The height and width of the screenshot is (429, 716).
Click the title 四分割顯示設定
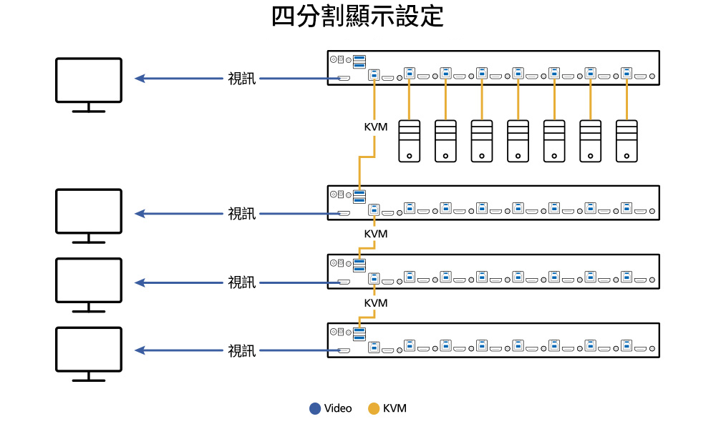point(357,17)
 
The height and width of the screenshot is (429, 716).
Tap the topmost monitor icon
point(89,80)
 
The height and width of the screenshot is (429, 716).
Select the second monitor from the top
point(89,211)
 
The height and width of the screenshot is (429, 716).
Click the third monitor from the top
point(89,280)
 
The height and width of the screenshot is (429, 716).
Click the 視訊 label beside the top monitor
point(241,79)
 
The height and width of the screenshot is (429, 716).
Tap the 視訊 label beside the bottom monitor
point(241,351)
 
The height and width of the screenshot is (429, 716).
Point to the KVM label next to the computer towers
point(375,127)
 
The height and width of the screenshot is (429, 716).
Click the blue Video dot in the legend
point(314,409)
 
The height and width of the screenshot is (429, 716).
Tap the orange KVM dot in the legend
point(373,409)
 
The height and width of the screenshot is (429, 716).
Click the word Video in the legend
point(338,409)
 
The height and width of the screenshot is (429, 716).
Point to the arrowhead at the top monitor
point(140,79)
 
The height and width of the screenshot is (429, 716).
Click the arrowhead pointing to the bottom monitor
point(140,350)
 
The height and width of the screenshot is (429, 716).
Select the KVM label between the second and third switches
point(375,234)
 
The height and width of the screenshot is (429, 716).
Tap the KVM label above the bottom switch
point(375,303)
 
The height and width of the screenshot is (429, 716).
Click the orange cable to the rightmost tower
point(626,100)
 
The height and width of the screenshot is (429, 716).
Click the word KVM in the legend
point(395,409)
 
